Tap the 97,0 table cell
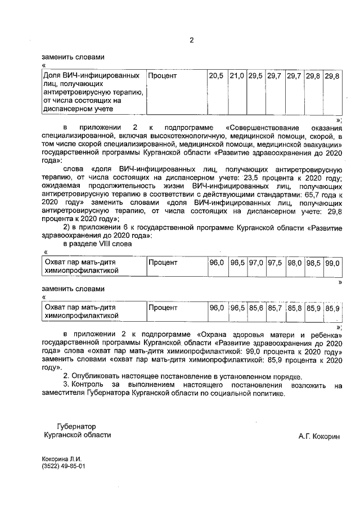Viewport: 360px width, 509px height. pyautogui.click(x=256, y=263)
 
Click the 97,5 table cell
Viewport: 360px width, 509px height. pyautogui.click(x=275, y=263)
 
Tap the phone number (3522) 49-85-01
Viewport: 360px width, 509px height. pyautogui.click(x=63, y=467)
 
